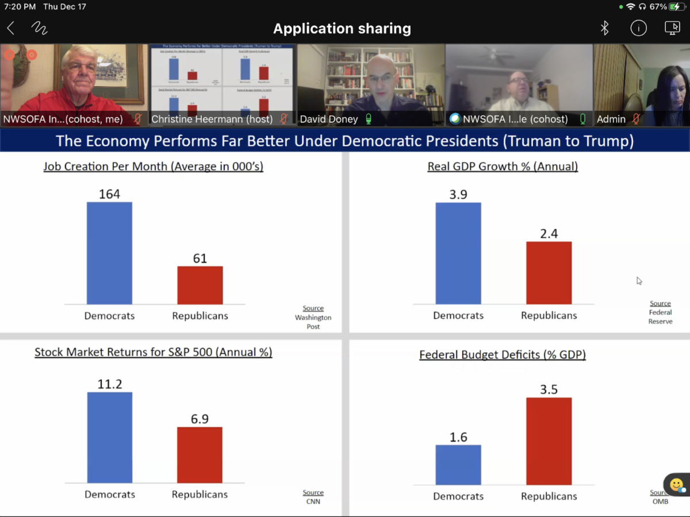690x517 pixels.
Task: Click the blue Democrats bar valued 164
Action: point(109,253)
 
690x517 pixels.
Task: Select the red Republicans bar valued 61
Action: point(200,285)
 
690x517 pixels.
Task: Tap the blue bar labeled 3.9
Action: point(458,253)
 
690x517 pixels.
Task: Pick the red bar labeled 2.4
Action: point(549,273)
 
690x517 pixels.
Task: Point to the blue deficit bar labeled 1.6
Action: point(458,465)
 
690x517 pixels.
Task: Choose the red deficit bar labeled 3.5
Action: point(549,441)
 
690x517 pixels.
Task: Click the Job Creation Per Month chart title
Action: point(153,167)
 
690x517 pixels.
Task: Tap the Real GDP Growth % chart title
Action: point(503,167)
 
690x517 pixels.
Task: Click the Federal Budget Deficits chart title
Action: point(503,355)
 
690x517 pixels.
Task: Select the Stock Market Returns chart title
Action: point(153,352)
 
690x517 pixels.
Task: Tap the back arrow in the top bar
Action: point(11,28)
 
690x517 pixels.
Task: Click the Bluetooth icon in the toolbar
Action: point(604,28)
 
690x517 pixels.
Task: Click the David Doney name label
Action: point(329,119)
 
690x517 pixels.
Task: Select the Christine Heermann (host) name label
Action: point(212,119)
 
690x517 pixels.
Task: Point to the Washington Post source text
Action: point(313,322)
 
